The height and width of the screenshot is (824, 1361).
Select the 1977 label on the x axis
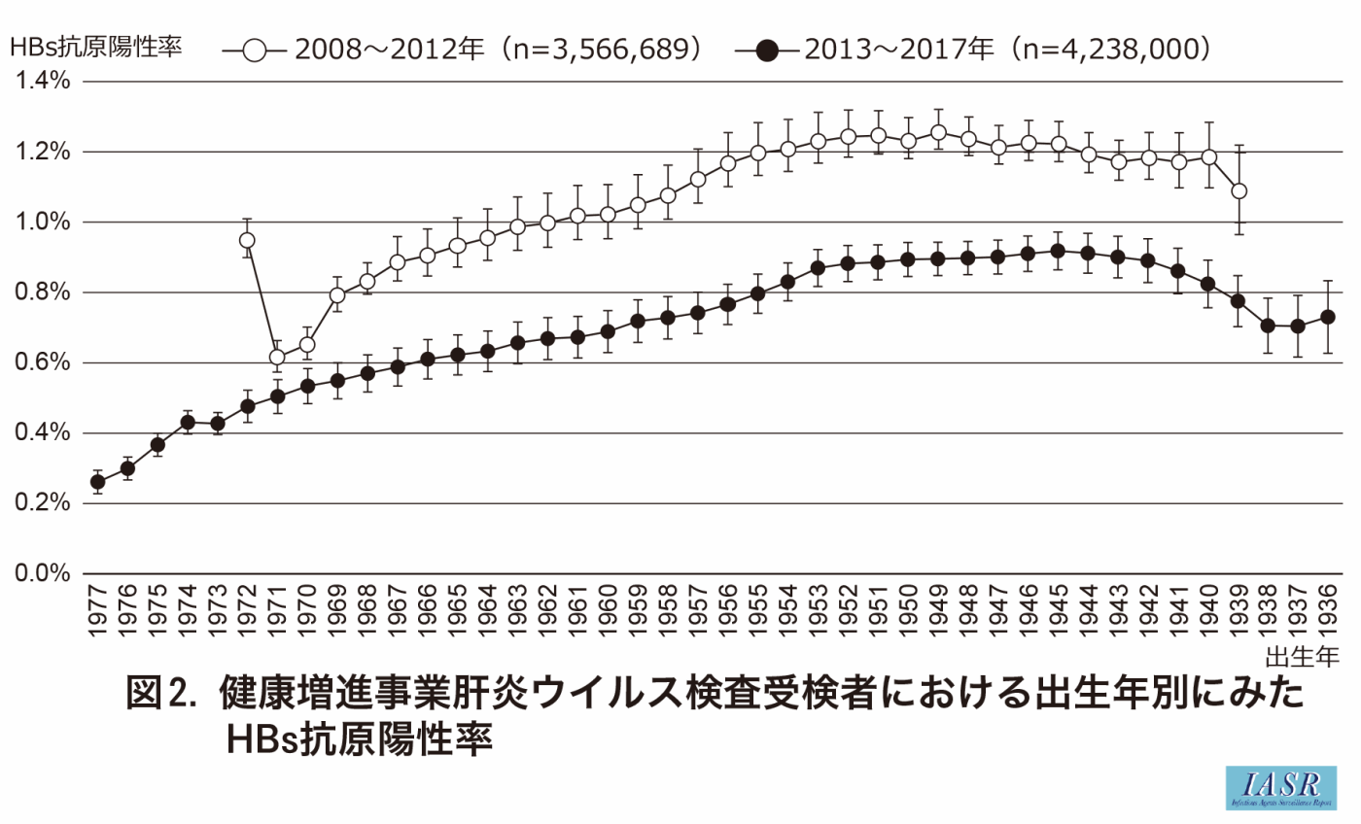(97, 612)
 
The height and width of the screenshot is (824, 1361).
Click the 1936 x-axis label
(1328, 612)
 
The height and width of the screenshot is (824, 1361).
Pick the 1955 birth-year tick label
(757, 612)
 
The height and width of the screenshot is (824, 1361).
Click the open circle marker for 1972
(247, 240)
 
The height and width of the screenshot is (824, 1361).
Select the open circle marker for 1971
(277, 357)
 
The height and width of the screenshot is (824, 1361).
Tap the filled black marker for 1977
(97, 481)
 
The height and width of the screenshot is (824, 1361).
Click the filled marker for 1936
(1328, 317)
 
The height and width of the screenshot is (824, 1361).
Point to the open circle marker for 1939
(1239, 190)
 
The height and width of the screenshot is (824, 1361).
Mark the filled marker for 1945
(1058, 251)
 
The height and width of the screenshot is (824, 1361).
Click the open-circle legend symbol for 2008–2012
(255, 48)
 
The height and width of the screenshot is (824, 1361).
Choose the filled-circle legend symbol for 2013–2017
(768, 48)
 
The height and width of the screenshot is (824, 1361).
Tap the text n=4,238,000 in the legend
(1114, 48)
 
